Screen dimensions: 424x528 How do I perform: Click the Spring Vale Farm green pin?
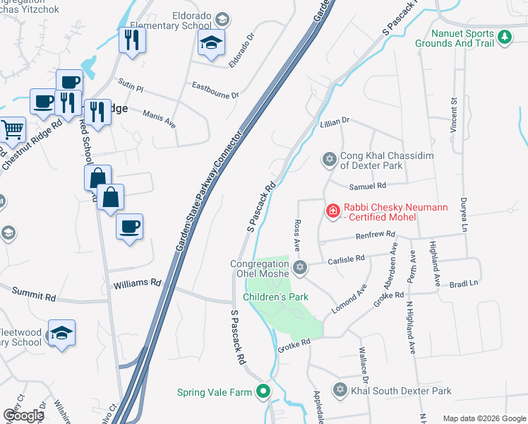click(263, 391)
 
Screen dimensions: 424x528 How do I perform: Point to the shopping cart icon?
click(13, 130)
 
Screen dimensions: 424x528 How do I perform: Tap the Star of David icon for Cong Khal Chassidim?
click(328, 160)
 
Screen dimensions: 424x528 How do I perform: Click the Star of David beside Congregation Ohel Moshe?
click(300, 266)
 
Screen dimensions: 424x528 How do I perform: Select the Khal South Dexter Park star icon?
click(340, 390)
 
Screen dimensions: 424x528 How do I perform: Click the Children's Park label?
click(275, 298)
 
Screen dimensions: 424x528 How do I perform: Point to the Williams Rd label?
click(137, 283)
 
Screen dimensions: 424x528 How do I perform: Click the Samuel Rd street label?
click(368, 186)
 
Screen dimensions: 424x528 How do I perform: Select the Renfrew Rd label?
click(375, 235)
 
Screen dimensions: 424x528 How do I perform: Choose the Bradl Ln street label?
click(464, 282)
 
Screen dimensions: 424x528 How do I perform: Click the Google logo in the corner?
click(23, 416)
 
